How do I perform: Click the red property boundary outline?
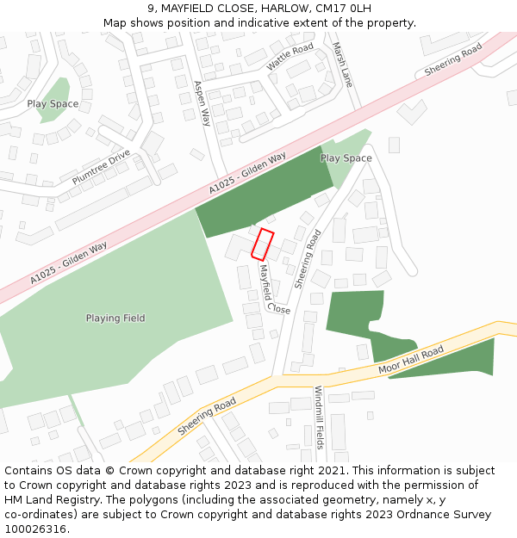click(263, 244)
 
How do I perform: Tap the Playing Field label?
click(115, 318)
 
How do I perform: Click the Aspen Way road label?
click(202, 103)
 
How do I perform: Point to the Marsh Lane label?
click(342, 65)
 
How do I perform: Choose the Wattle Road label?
click(290, 57)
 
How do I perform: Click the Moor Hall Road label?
click(411, 360)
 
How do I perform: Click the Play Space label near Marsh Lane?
click(346, 158)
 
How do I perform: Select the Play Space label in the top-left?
click(53, 104)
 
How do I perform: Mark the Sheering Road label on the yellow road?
click(207, 417)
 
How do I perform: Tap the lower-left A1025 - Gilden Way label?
click(69, 263)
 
